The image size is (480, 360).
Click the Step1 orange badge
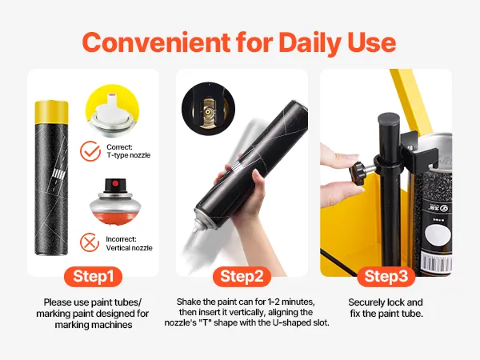[93, 277]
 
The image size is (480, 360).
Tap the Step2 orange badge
[242, 277]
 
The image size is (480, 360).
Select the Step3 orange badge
[386, 277]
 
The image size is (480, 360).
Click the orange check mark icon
[90, 151]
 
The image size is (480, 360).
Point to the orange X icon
[90, 242]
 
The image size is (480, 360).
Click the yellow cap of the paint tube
[51, 112]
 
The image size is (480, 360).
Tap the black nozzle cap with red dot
[114, 186]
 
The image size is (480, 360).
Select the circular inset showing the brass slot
[208, 108]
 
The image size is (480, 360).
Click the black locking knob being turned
[358, 173]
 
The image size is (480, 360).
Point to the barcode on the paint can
[437, 261]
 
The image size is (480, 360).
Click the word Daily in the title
[310, 43]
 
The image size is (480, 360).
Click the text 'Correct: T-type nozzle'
[129, 151]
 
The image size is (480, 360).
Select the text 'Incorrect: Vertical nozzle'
[129, 243]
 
